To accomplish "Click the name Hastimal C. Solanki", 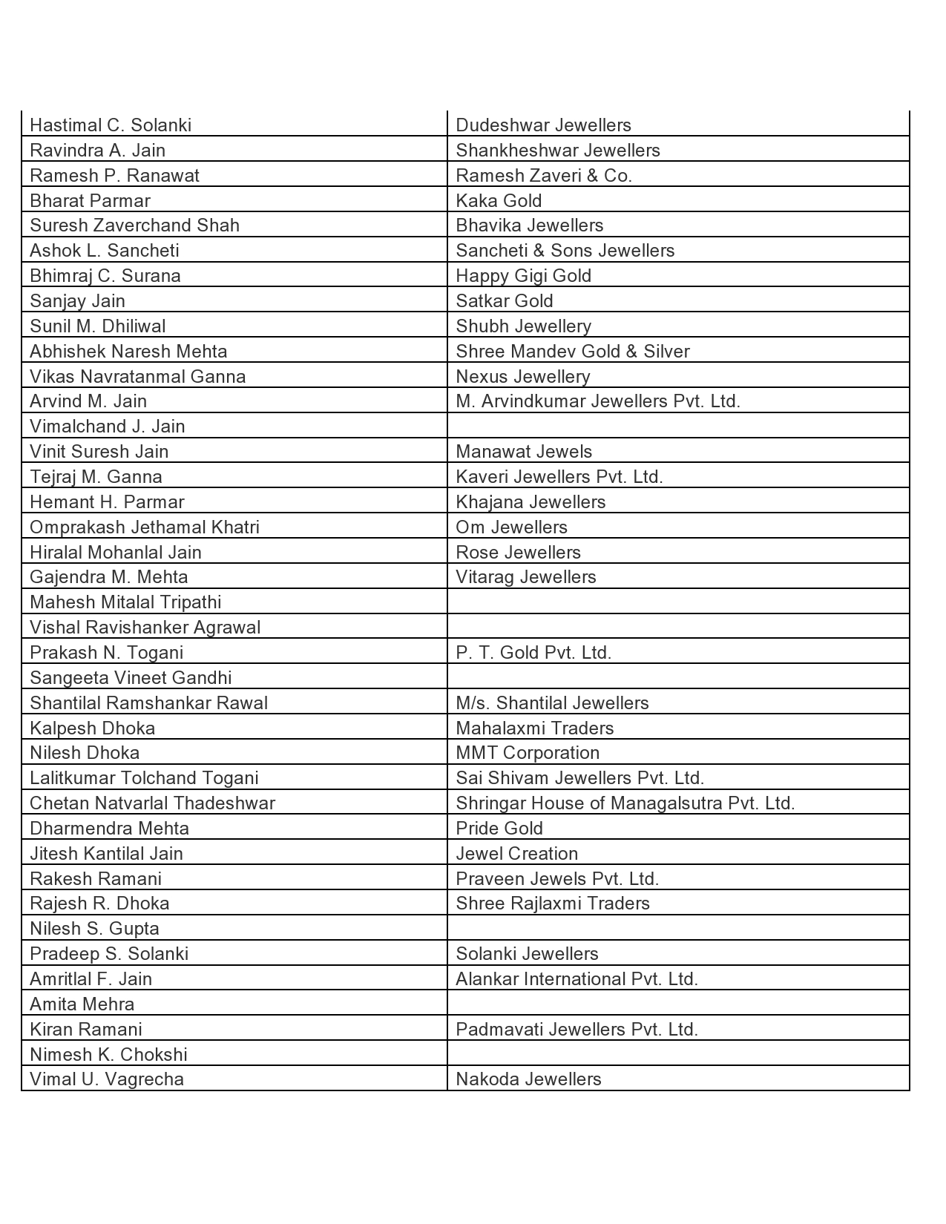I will pos(111,125).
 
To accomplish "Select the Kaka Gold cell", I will pos(499,200).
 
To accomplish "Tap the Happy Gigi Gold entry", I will pos(523,276).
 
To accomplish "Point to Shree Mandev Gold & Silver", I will pos(572,351).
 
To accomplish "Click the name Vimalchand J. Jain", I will pos(108,427).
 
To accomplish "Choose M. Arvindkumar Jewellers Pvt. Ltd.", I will pos(597,401).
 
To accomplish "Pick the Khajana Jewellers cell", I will pos(531,502).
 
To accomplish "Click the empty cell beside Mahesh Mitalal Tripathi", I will pos(677,602).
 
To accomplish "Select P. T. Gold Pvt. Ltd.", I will pos(533,653).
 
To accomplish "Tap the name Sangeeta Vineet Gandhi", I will pos(131,678).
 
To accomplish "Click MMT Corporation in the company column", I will pos(527,753).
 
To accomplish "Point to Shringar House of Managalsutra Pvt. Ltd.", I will pos(625,803).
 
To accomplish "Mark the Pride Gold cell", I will pos(499,829).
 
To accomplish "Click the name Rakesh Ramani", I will pos(96,879).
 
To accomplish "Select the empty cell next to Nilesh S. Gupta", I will pos(677,929).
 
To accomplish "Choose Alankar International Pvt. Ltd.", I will pos(577,979).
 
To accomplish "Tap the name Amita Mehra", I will pos(82,1004).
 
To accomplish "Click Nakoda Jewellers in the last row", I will pos(528,1079).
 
